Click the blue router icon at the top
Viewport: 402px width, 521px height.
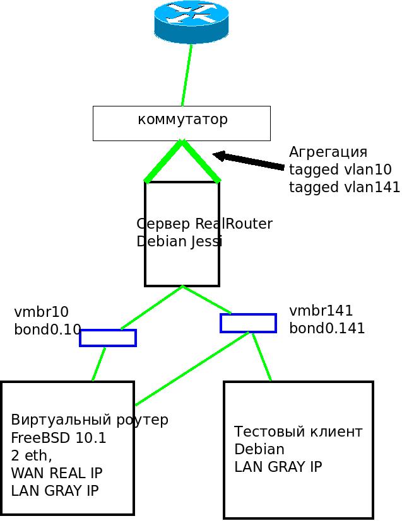(x=191, y=22)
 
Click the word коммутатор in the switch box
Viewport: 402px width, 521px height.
(x=182, y=119)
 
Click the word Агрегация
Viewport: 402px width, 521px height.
(x=328, y=152)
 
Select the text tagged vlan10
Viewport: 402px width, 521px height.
(x=340, y=169)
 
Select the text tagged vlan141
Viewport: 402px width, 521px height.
(x=345, y=187)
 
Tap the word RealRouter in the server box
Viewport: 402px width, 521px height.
(x=234, y=224)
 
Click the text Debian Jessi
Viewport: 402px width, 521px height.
(x=179, y=241)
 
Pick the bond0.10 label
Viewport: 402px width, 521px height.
(x=47, y=329)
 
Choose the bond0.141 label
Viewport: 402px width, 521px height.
(x=327, y=328)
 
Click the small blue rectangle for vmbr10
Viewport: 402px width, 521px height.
(x=108, y=338)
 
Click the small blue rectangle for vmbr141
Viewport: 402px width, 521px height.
(x=248, y=323)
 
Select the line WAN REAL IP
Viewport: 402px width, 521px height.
(x=57, y=472)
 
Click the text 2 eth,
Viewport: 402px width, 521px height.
(x=32, y=455)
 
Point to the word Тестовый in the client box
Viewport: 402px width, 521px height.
(x=264, y=432)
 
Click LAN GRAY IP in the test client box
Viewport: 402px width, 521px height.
(x=278, y=467)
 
